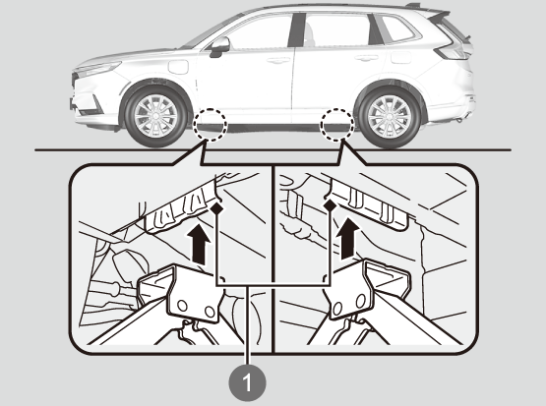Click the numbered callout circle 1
point(247,382)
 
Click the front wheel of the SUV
point(156,116)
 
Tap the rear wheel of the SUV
point(389,117)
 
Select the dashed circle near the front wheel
point(211,125)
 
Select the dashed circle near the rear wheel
point(337,125)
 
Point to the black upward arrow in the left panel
point(199,243)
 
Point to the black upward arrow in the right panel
point(348,239)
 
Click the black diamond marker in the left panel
point(217,208)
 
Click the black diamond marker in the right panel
point(330,205)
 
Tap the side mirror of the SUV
point(219,46)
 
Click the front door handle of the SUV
point(279,61)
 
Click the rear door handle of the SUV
point(366,58)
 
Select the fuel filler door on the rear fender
point(401,57)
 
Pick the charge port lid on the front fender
point(179,67)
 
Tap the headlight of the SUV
point(98,68)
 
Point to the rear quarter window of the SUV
point(397,29)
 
